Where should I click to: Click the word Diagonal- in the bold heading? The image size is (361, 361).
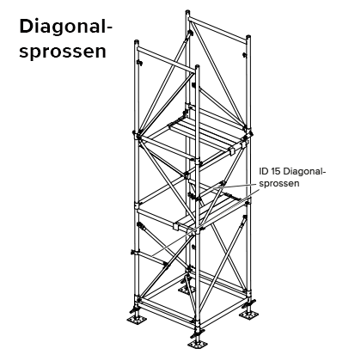[x=66, y=28]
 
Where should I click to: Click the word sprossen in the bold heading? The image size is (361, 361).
[x=63, y=52]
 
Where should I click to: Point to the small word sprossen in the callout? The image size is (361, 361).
[x=279, y=184]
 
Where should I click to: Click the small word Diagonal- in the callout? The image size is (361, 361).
[x=305, y=172]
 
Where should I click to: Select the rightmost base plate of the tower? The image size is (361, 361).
[x=248, y=315]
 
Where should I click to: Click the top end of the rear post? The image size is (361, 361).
[x=187, y=11]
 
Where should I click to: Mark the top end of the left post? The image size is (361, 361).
[x=137, y=42]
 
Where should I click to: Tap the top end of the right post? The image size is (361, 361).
[x=248, y=37]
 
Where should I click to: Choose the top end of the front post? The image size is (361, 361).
[x=197, y=67]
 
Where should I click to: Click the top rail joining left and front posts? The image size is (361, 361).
[x=167, y=58]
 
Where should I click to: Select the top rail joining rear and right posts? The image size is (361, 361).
[x=218, y=29]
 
